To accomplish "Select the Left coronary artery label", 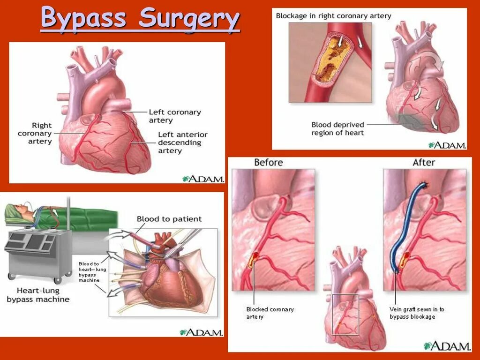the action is (174, 116).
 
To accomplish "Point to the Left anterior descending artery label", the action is (182, 142).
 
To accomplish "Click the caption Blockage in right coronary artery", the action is (333, 16).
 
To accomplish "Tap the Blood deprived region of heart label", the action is (337, 128).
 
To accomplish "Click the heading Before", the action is (268, 163).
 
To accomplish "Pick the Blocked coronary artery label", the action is (270, 313).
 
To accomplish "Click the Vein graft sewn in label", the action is (417, 313).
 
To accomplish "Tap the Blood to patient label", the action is (169, 219).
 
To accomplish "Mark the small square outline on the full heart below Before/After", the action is (345, 314).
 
